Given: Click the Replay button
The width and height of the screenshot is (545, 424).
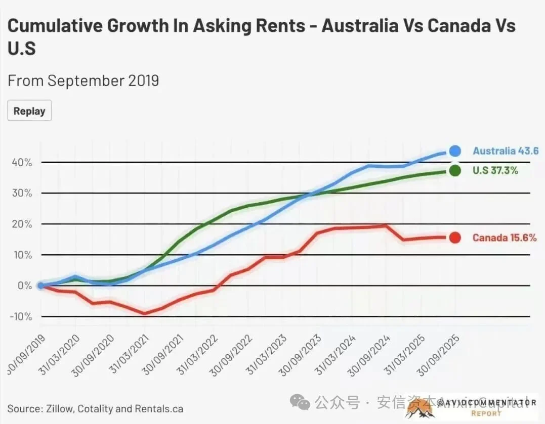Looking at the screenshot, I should click(x=29, y=111).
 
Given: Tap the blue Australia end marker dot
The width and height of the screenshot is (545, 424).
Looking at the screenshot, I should click(x=454, y=151).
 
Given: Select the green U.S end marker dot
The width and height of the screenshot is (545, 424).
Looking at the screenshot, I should click(x=454, y=170).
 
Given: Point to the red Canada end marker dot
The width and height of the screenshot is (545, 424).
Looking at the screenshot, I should click(x=454, y=238).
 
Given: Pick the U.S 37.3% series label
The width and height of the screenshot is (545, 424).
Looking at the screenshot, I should click(x=495, y=170).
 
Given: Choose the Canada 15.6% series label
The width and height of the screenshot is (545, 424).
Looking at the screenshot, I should click(x=504, y=238).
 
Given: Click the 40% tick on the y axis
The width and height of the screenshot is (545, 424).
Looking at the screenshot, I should click(x=22, y=162).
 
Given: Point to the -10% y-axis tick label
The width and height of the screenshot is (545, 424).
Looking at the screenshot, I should click(x=21, y=316).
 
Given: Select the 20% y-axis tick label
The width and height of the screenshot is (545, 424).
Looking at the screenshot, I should click(x=22, y=224).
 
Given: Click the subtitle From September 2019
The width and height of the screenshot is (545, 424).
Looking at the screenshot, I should click(x=83, y=80).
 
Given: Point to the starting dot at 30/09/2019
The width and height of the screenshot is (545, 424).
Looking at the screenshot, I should click(x=41, y=286).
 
